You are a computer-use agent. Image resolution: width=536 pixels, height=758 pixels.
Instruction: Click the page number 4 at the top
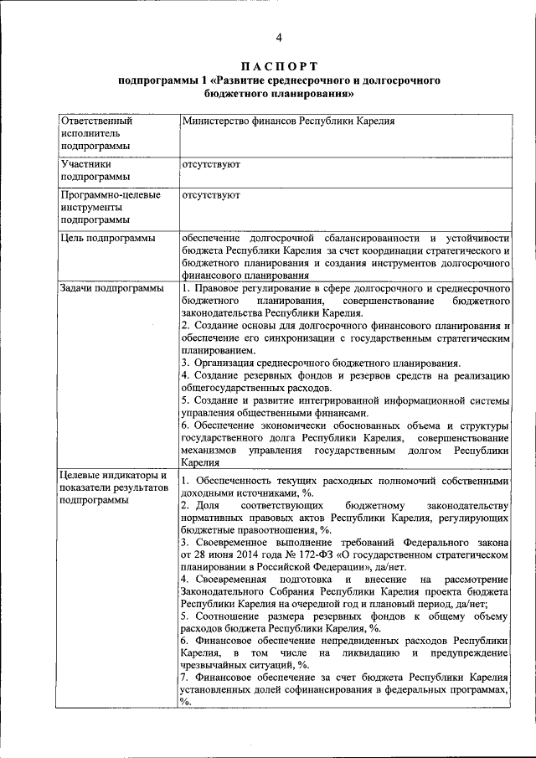(279, 38)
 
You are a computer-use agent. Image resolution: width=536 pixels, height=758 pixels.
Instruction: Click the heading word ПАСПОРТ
(279, 66)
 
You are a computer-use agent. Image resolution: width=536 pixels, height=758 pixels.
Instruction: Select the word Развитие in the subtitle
(246, 80)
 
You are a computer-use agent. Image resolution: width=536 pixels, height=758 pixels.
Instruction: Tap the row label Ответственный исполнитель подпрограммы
(95, 133)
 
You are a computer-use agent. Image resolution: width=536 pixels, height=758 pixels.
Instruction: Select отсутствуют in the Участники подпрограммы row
(210, 165)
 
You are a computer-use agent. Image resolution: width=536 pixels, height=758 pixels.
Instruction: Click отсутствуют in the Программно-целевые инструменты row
(210, 195)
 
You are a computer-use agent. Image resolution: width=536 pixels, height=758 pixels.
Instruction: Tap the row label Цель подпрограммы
(107, 239)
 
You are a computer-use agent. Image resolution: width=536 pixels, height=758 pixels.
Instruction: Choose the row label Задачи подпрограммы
(111, 288)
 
